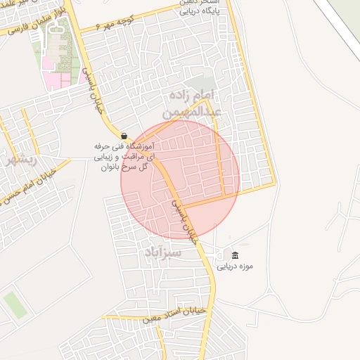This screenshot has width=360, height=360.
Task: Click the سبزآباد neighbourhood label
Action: pyautogui.click(x=164, y=252)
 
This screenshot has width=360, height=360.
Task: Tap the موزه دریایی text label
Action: pyautogui.click(x=235, y=266)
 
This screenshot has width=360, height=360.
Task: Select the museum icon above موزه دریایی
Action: pyautogui.click(x=235, y=255)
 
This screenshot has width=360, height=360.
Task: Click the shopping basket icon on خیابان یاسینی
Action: pyautogui.click(x=124, y=136)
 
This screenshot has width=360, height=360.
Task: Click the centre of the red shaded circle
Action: pyautogui.click(x=180, y=179)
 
